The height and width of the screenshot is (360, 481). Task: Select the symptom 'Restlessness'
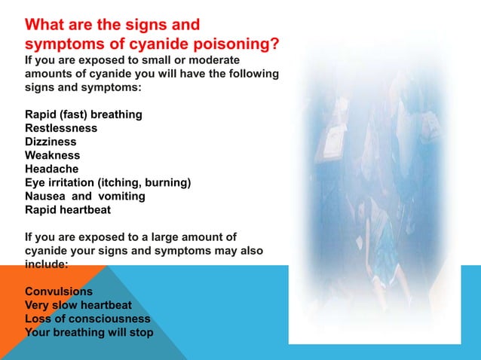[x=61, y=128]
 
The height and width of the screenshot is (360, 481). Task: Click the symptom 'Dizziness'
[x=51, y=142]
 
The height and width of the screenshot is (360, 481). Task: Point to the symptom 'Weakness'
[x=52, y=155]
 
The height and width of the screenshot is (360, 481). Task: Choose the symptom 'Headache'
[x=51, y=169]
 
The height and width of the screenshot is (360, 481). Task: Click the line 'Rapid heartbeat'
[x=68, y=209]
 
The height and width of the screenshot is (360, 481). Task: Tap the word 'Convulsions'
[x=59, y=291]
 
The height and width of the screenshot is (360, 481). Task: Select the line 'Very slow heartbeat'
[x=78, y=305]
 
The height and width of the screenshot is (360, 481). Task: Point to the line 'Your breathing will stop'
[x=89, y=332]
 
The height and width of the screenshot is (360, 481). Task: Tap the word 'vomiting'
[x=121, y=196]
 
